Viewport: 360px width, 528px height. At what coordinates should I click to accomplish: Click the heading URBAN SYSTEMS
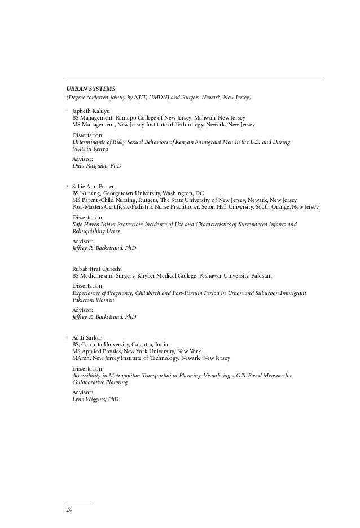pyautogui.click(x=90, y=89)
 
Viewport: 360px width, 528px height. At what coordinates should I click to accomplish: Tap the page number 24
pyautogui.click(x=69, y=510)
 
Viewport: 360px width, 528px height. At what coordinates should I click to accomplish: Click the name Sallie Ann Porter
pyautogui.click(x=93, y=186)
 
